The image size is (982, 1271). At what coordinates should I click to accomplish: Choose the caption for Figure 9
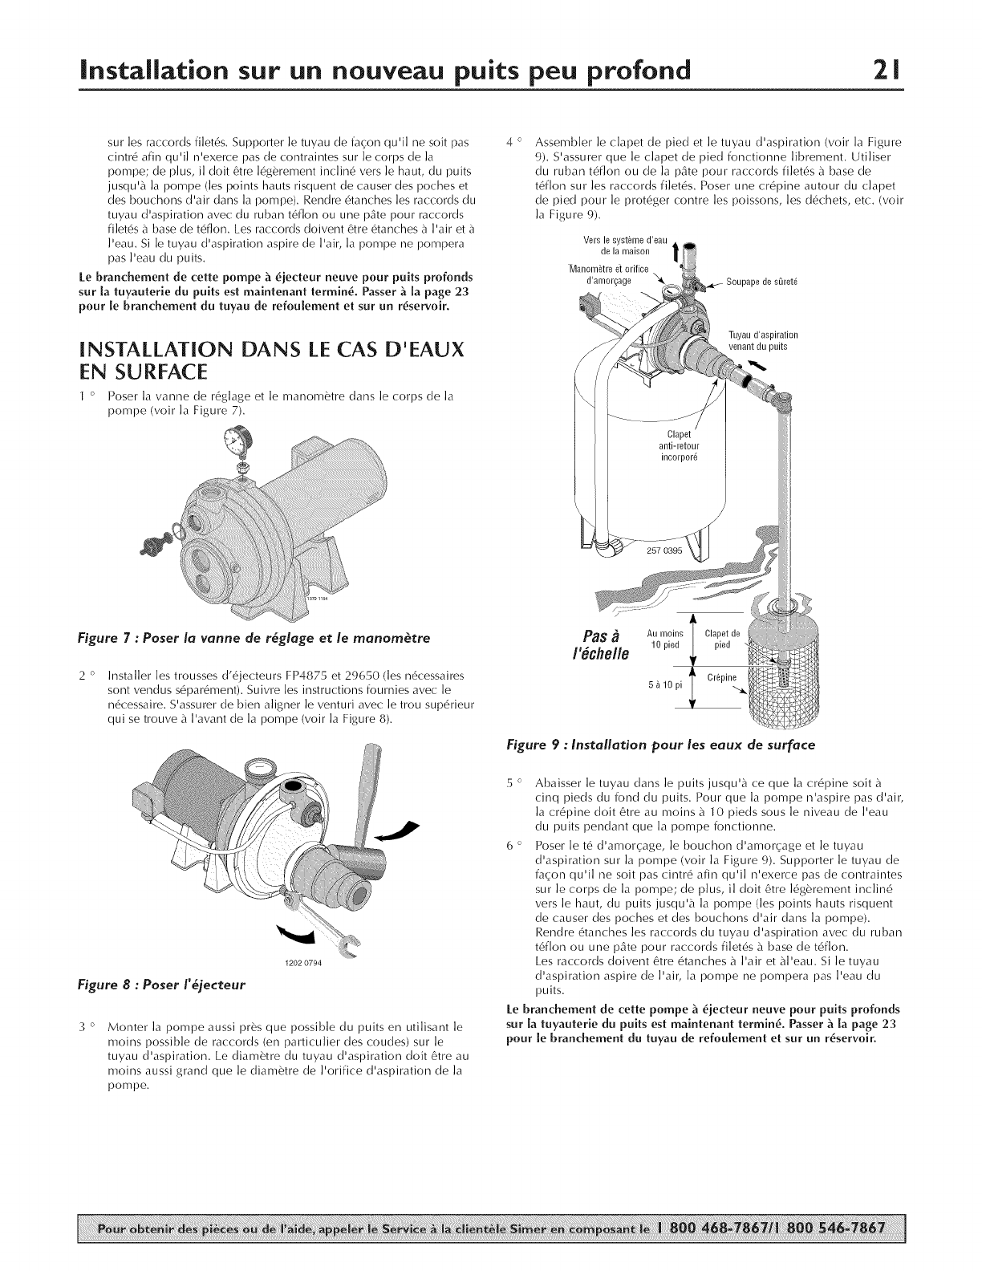[x=657, y=745]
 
